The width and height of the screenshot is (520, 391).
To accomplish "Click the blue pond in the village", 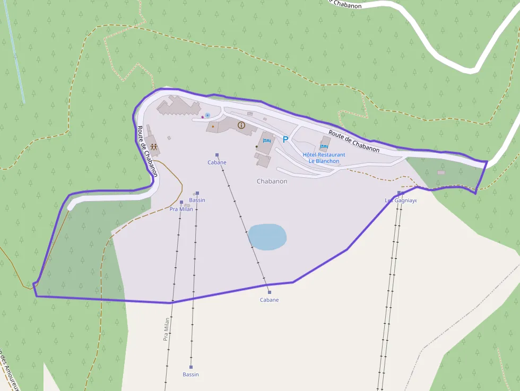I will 267,237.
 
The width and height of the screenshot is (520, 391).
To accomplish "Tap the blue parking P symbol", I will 285,140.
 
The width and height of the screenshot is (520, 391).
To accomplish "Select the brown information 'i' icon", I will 241,125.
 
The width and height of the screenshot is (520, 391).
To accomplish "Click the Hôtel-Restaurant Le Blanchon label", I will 324,158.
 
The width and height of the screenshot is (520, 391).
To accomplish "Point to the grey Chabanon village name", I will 272,181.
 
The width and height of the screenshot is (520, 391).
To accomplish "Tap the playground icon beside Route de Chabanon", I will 154,147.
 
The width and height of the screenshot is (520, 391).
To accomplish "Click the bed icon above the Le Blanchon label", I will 324,146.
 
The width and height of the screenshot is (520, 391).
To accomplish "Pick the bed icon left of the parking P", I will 267,141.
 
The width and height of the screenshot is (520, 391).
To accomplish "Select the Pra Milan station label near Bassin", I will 181,209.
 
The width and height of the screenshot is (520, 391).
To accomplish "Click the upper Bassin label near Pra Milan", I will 197,200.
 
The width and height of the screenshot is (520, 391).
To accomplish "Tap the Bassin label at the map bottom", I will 190,375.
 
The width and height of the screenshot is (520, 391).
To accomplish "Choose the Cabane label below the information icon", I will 217,162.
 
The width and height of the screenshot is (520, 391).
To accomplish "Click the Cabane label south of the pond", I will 269,300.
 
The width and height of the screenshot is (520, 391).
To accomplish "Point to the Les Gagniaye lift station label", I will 401,201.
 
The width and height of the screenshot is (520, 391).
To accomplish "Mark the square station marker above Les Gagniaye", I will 399,193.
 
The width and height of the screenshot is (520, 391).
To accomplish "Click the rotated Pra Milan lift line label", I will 166,328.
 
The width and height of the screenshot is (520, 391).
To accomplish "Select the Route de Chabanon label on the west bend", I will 148,151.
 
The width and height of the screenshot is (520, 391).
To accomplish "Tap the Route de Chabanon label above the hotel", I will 353,141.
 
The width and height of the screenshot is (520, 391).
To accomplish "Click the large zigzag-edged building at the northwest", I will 178,106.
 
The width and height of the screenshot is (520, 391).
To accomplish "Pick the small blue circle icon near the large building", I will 207,115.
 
